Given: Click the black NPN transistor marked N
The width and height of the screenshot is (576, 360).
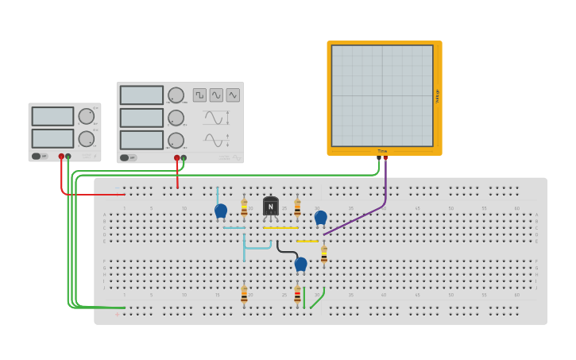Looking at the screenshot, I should pos(270,207).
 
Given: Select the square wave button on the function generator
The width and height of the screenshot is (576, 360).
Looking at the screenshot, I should pos(199,95).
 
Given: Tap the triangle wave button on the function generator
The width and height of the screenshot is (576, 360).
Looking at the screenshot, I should pos(233,95).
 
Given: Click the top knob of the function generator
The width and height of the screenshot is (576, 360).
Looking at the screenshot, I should pos(176,95).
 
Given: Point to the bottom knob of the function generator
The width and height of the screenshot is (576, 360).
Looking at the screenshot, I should pos(176,140).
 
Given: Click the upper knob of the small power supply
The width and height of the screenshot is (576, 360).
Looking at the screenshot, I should pos(86,116).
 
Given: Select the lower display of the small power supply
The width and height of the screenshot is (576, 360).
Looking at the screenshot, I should pos(52,137).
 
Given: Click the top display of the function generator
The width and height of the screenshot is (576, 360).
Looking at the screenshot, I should pos(141,95).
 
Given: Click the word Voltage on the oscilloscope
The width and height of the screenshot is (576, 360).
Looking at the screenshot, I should pos(437,95).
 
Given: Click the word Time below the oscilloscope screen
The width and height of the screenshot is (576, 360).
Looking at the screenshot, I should pos(382,151).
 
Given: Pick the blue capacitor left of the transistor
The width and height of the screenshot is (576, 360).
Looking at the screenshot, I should pos(221,211).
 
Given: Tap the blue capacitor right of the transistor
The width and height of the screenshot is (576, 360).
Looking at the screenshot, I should pos(321,217).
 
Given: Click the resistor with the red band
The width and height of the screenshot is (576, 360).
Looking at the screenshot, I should pos(298,295).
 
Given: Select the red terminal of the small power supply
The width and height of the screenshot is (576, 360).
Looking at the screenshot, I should pos(61,156).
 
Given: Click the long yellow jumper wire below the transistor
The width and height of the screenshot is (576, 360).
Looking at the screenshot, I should pos(280,228).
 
